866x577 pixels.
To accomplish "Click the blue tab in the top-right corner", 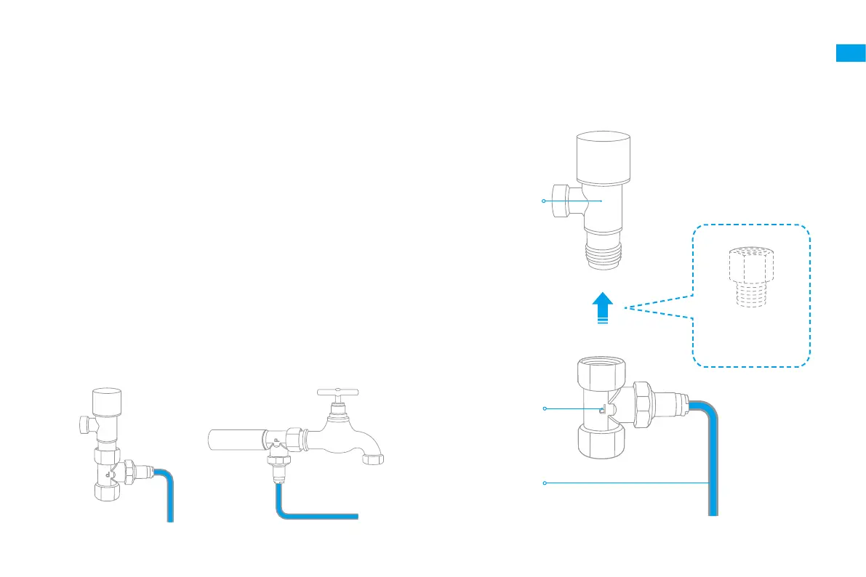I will click(x=850, y=53).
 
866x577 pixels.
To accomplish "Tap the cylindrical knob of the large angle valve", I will click(x=602, y=156).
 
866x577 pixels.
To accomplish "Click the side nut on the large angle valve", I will click(x=558, y=201).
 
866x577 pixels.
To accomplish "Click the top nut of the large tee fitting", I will click(x=602, y=370).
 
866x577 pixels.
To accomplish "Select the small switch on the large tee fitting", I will click(x=602, y=411).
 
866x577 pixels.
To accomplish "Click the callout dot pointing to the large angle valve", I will click(x=544, y=201).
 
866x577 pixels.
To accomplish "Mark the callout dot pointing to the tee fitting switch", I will click(x=545, y=410).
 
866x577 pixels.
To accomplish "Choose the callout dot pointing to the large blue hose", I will click(x=545, y=483).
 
